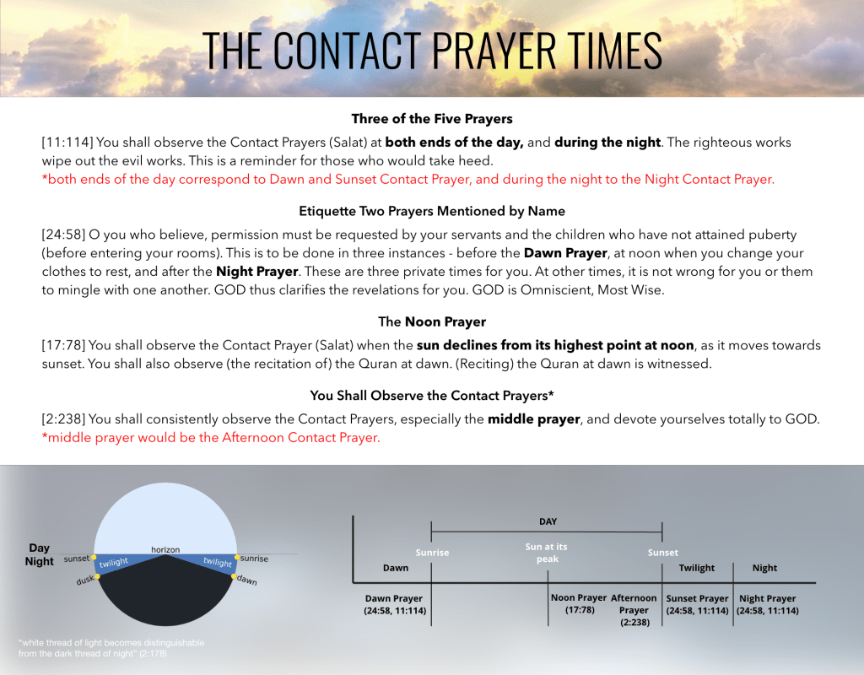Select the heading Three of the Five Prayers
point(431,118)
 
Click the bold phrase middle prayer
point(534,418)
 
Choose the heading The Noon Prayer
point(431,321)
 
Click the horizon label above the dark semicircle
point(165,549)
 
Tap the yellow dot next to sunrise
point(238,558)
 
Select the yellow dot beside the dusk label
point(98,576)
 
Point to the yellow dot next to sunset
point(94,558)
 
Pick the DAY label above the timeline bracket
point(548,521)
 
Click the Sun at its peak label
point(547,553)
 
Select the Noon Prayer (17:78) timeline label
point(579,604)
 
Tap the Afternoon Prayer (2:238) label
point(634,610)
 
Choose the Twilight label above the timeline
point(697,568)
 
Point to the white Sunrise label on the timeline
point(432,553)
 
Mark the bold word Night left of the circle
point(40,561)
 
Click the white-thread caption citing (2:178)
point(111,648)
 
